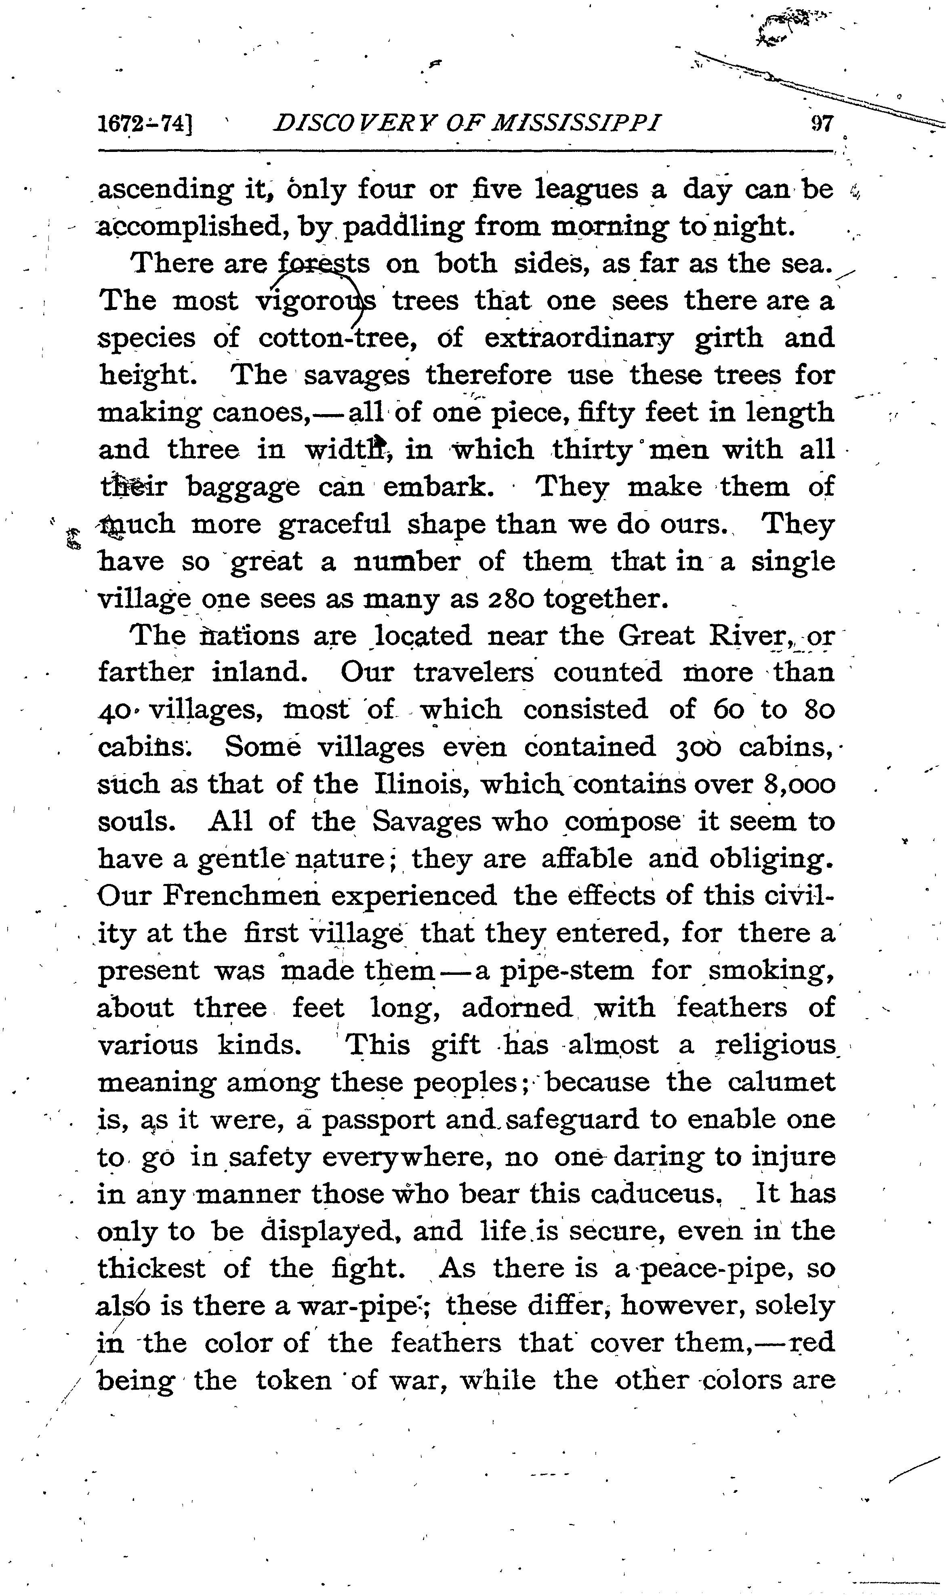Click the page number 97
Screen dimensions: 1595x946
pos(821,122)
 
